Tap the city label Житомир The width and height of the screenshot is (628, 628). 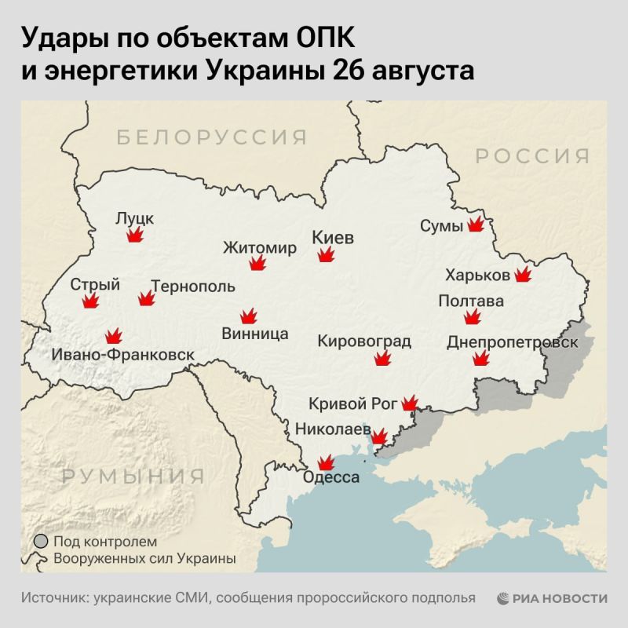(x=260, y=248)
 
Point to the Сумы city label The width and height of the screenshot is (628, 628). (x=441, y=226)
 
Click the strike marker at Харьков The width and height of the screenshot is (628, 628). (x=523, y=275)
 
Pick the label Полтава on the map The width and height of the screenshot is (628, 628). (x=471, y=301)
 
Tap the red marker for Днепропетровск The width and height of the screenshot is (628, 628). (x=480, y=360)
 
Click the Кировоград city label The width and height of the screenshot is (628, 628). (x=364, y=341)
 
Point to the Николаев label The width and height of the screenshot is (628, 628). (x=332, y=429)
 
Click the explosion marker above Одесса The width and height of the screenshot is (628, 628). (x=323, y=464)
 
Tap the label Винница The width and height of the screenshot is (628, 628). (x=255, y=334)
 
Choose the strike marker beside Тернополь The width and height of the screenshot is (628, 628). (x=146, y=298)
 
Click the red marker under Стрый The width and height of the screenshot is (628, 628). (x=92, y=301)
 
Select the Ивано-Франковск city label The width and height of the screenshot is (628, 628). (x=122, y=355)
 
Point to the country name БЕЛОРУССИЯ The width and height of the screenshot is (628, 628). (x=212, y=138)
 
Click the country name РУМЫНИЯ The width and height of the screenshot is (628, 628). (x=133, y=476)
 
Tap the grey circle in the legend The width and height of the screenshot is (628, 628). (x=40, y=542)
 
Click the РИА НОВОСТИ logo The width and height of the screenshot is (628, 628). (x=552, y=597)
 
